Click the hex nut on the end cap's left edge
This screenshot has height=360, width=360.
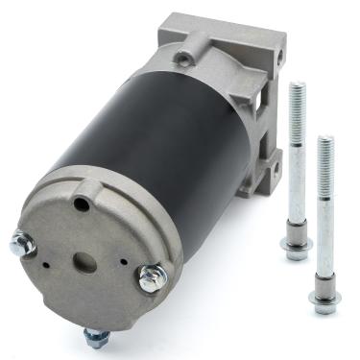click(21, 245)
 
